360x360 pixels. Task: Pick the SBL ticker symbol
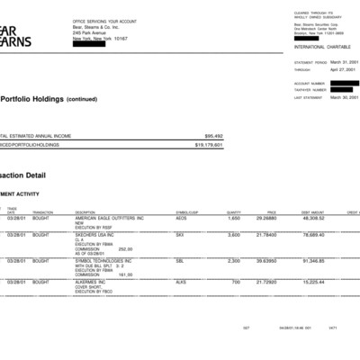[x=180, y=260]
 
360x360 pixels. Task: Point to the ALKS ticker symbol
[x=181, y=282]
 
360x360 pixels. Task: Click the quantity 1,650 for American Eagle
[x=234, y=218]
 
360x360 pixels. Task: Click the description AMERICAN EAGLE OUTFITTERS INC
[x=110, y=218]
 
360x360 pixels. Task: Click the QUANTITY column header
[x=233, y=212]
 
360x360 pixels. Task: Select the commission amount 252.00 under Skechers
[x=126, y=248]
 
